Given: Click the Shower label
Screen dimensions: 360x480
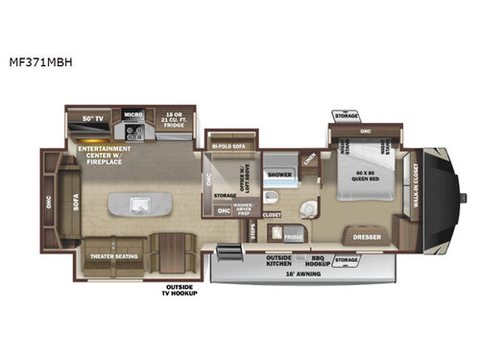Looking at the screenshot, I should (279, 176).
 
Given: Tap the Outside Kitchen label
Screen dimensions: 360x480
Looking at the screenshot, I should (278, 260).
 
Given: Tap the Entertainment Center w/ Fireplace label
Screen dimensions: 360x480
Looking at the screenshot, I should (106, 152).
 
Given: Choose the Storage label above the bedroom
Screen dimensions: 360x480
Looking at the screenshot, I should (347, 116).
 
